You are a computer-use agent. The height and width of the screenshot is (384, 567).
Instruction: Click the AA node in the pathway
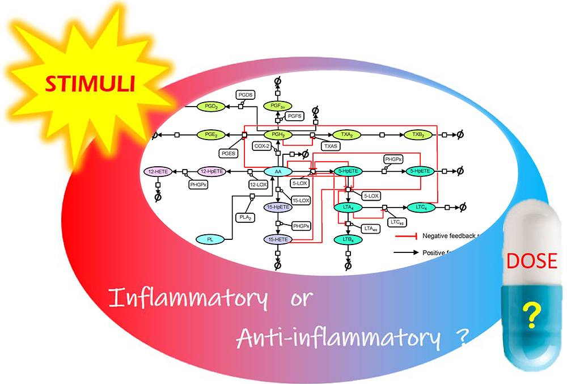(278, 171)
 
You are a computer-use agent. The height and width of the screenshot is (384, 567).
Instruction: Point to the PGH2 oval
(278, 134)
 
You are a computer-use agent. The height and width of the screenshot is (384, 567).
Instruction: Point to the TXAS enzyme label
(331, 146)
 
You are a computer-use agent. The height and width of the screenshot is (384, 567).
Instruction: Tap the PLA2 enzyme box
(245, 217)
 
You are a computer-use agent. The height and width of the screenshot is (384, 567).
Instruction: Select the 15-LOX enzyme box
(301, 200)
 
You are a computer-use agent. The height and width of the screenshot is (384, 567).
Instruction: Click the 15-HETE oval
(278, 240)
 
